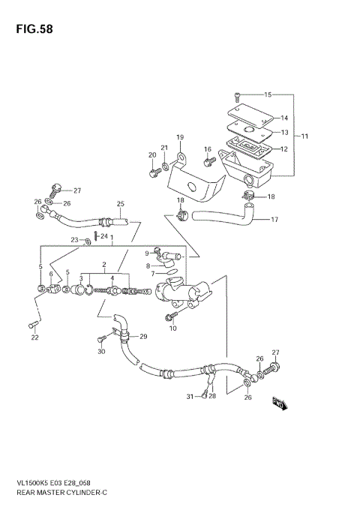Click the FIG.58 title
31,30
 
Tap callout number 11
305,136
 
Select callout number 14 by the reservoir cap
284,118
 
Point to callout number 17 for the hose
274,220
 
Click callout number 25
120,204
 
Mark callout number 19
180,137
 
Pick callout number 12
284,148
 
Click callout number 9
147,253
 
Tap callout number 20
152,155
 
